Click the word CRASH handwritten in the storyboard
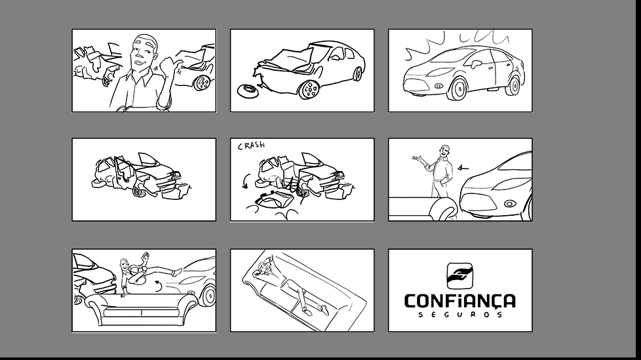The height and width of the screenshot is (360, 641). [x=252, y=145]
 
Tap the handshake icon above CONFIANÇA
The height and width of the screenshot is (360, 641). [x=460, y=275]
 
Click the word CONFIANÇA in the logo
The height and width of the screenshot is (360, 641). [x=460, y=301]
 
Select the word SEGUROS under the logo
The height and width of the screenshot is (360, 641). [x=460, y=315]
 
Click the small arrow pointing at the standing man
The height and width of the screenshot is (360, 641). [x=463, y=167]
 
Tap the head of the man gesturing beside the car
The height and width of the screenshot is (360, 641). [x=445, y=151]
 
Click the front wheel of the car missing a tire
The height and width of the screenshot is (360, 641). [x=309, y=89]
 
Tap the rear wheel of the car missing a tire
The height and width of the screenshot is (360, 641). [x=357, y=73]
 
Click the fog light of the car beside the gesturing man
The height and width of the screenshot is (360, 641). [x=509, y=203]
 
